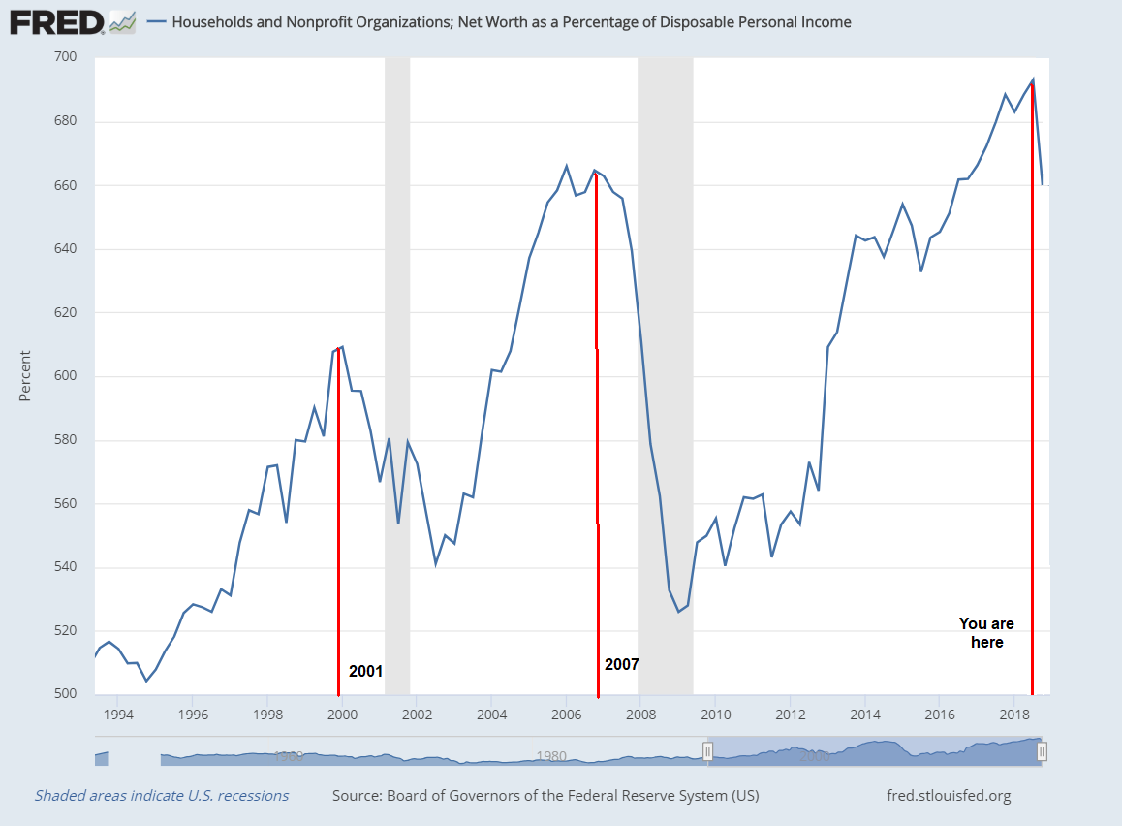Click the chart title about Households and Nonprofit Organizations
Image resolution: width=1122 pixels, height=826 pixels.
click(512, 21)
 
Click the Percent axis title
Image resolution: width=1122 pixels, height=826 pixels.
click(25, 376)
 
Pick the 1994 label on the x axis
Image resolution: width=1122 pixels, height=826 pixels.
click(118, 715)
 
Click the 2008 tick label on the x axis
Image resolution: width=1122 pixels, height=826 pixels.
click(639, 715)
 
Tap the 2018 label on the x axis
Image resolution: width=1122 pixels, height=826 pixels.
click(1013, 715)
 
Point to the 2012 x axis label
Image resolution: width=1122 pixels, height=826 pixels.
click(790, 715)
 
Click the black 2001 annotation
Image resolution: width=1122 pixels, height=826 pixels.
click(366, 671)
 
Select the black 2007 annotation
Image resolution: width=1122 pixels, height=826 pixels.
click(622, 665)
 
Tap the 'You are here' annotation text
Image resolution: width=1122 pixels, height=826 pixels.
click(986, 632)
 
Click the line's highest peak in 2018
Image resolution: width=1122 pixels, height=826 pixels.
click(1033, 79)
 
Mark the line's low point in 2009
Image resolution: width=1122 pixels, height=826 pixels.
click(678, 612)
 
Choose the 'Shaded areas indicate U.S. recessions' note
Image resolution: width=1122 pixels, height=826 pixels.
click(162, 796)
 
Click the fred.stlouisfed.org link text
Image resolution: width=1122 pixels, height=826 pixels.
click(949, 796)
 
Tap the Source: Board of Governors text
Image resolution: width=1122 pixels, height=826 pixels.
click(545, 796)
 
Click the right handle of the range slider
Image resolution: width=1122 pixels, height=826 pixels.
click(1043, 751)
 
